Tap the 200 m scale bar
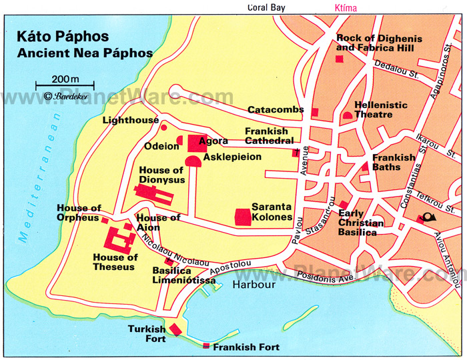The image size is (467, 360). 65,85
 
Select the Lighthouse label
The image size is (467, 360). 131,121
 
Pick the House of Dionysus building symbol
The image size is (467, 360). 153,193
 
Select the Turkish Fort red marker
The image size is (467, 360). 175,329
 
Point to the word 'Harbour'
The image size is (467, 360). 254,285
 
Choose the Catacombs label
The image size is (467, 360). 276,109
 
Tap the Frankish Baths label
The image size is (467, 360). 394,163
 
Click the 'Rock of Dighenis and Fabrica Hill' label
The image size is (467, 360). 379,43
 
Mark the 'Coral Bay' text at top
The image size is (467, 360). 266,8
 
